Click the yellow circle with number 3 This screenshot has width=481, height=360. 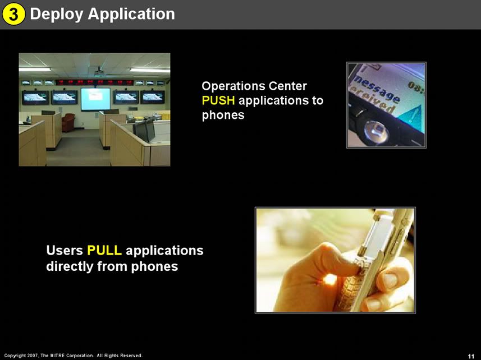13,14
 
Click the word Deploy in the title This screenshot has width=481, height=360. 57,15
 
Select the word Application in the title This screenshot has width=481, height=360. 131,15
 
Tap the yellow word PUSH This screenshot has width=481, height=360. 218,100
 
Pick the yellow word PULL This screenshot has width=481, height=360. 104,250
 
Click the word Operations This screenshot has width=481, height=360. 233,86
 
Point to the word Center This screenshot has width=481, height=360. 287,86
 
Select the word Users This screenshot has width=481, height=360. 65,250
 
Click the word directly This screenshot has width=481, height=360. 70,266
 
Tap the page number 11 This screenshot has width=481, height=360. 471,356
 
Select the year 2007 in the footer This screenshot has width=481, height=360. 33,356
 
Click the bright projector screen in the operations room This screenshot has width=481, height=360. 95,99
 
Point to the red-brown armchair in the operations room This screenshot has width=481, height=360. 68,122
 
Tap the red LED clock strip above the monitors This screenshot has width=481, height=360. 94,82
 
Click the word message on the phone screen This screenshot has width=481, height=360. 376,88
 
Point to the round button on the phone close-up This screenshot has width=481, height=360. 377,132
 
